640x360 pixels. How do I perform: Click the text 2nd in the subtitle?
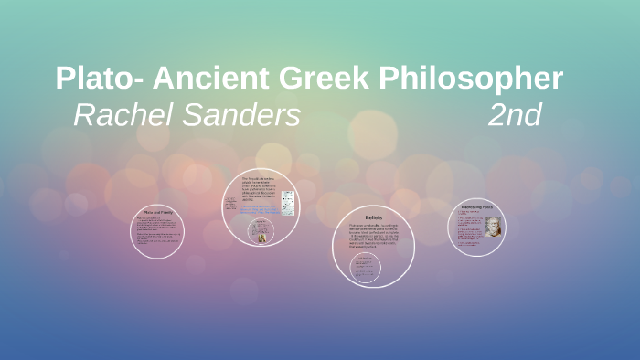pos(515,115)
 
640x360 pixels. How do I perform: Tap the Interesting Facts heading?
pos(476,206)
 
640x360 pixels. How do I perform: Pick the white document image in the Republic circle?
pos(288,201)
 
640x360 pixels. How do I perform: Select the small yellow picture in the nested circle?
pos(261,235)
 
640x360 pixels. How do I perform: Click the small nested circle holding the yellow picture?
pos(261,230)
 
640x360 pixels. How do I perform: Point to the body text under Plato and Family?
pos(156,231)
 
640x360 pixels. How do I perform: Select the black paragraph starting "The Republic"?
pos(258,187)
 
